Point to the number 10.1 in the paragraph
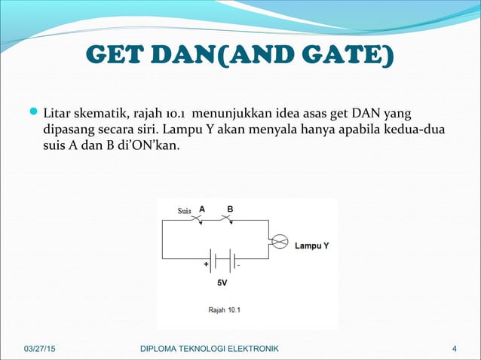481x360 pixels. [172, 114]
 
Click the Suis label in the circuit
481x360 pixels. [184, 211]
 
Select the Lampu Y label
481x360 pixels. [311, 246]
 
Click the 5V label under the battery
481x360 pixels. [222, 284]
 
